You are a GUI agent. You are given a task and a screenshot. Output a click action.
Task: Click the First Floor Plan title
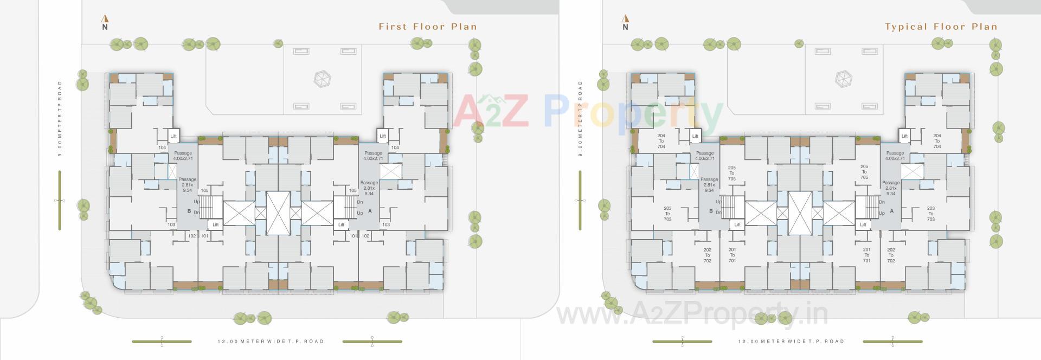coord(427,27)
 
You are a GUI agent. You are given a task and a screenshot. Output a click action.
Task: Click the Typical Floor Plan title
coord(941,27)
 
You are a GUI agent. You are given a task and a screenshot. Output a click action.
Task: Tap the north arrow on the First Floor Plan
coord(105,22)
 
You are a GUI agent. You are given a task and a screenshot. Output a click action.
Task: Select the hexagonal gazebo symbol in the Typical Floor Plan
coord(844,79)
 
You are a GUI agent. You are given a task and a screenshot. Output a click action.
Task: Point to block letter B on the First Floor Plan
coord(189,211)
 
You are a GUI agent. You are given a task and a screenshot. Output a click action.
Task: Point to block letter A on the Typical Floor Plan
coord(891,211)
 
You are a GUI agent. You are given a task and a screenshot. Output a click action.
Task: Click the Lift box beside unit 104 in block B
coord(173,136)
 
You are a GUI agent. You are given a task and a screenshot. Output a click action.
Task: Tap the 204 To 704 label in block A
coord(937,141)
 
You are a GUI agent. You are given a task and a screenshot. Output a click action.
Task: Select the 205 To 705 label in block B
coord(731,173)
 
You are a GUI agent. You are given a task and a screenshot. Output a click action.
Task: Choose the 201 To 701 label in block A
coord(866,255)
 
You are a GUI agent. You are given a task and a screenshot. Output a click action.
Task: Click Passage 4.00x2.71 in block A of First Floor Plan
coord(373,156)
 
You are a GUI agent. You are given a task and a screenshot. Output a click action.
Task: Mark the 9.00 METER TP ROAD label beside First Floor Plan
coord(60,119)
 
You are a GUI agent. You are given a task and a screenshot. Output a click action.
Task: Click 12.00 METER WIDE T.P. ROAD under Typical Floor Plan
coord(791,341)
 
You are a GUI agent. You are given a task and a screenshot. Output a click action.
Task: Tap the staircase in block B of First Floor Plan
coord(211,208)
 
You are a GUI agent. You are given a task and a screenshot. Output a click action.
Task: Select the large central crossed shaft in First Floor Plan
coord(278,213)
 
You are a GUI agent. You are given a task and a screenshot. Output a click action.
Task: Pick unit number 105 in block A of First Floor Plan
coord(353,190)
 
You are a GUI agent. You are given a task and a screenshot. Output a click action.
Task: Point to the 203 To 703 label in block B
coord(667,214)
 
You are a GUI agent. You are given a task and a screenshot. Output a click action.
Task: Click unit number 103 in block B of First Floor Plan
coord(171,224)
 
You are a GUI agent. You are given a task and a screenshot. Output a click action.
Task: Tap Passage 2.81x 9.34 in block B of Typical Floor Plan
coord(709,184)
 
